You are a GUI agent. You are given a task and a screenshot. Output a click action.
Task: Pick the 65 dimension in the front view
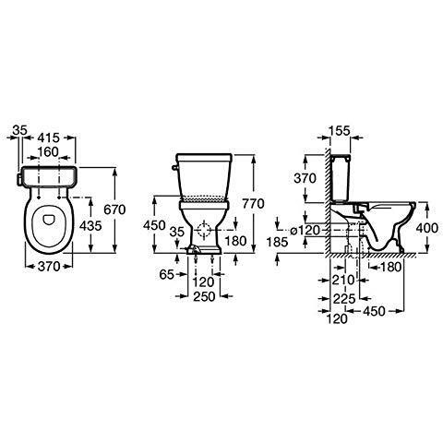click(x=167, y=275)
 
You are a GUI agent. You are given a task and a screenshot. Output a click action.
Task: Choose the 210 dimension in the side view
click(x=346, y=278)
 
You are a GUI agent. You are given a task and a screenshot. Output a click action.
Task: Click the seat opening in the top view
click(x=43, y=223)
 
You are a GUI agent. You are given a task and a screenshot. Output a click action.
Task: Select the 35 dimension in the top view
click(x=20, y=134)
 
